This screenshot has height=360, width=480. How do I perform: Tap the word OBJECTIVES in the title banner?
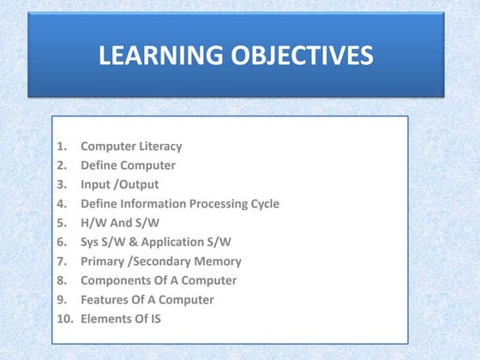pos(300,57)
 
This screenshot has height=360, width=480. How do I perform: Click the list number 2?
pos(62,165)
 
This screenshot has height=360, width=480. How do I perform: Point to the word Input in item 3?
pos(95,185)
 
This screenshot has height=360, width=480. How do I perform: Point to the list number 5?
pos(62,223)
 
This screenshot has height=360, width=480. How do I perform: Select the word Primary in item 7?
pos(102,261)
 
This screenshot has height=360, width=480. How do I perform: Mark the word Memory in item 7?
pos(218,261)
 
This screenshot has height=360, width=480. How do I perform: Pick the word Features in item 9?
pos(104,300)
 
